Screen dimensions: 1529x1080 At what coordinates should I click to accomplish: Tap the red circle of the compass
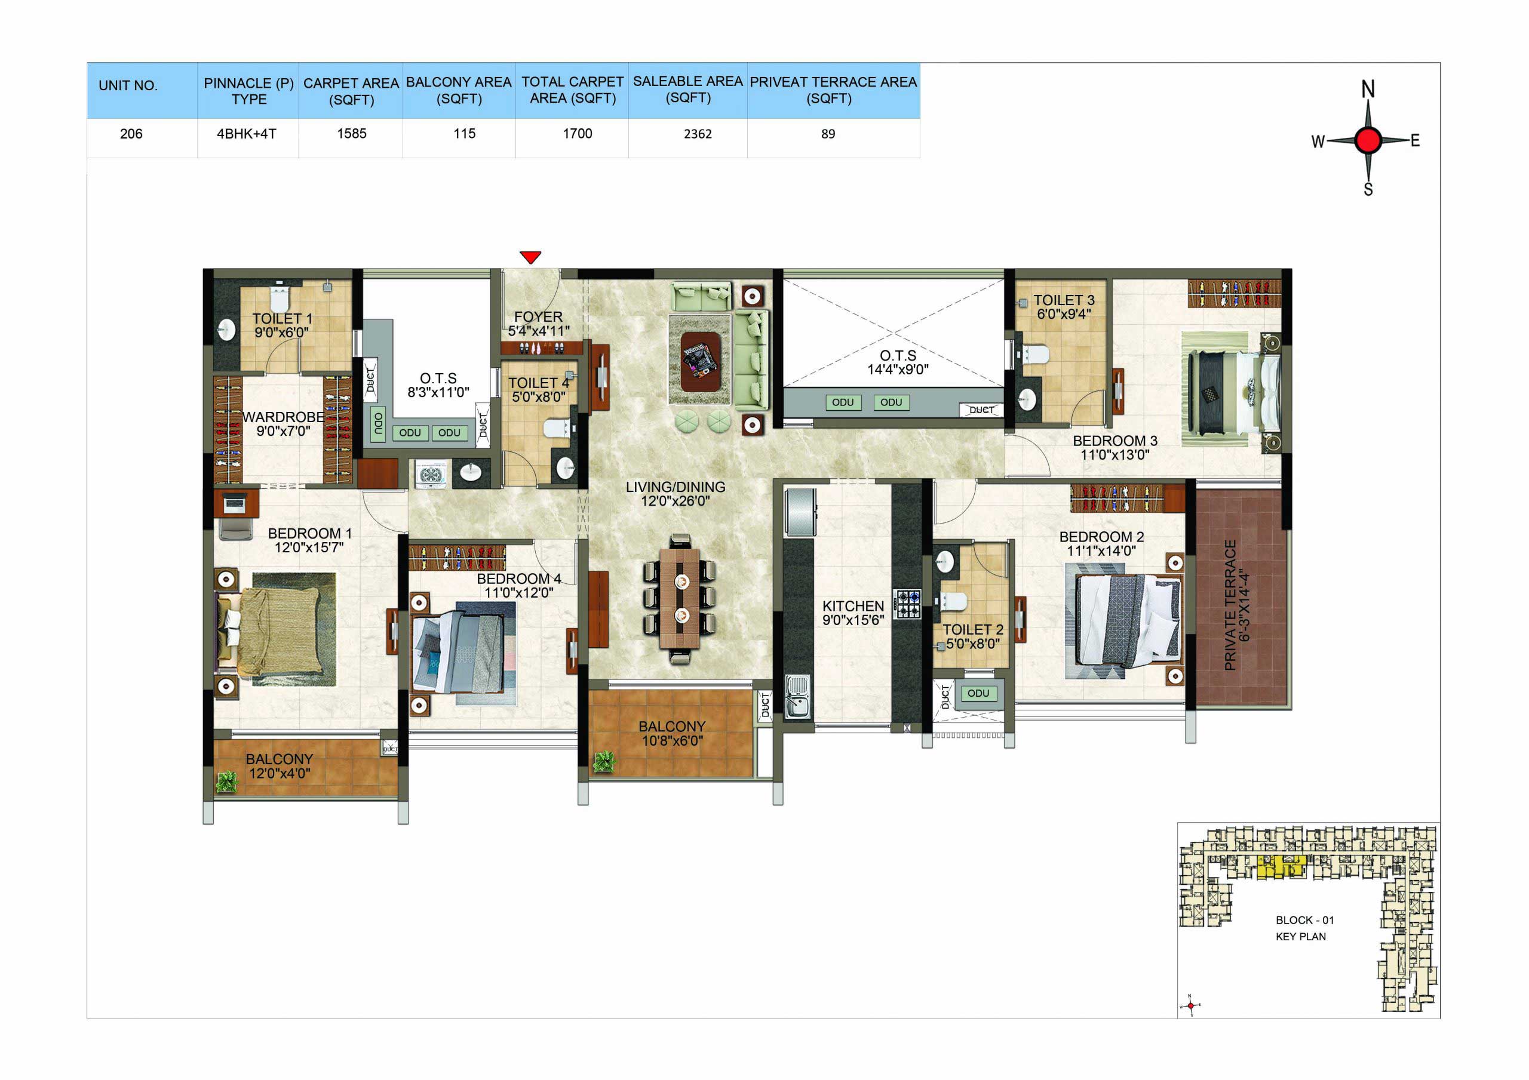click(1368, 140)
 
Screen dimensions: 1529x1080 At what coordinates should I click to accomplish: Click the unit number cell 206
click(131, 134)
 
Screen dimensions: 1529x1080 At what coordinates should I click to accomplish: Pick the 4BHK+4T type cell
click(247, 134)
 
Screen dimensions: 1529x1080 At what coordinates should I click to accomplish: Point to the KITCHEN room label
click(853, 606)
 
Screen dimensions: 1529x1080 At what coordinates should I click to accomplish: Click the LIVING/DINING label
click(676, 487)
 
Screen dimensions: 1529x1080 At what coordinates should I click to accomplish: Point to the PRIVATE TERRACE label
click(1230, 605)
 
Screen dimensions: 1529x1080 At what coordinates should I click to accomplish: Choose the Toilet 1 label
click(282, 318)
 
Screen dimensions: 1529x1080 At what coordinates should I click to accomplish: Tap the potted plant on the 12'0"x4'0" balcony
click(226, 781)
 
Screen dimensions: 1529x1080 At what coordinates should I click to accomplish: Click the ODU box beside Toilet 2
click(978, 693)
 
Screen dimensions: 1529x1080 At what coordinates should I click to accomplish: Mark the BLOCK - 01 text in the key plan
click(1304, 920)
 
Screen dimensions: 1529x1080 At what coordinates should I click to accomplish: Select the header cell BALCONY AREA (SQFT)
click(459, 91)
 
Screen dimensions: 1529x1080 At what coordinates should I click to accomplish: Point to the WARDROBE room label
click(283, 417)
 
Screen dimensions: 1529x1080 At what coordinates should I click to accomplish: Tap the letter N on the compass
click(1368, 88)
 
